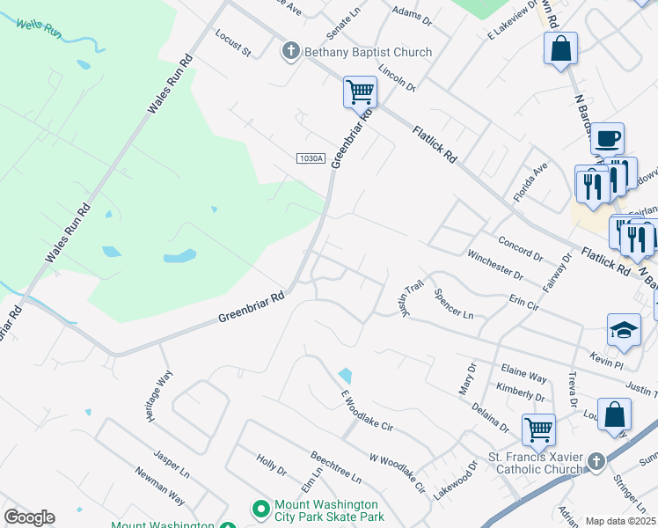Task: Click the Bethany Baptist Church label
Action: click(x=368, y=52)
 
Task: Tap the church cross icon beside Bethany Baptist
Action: click(x=291, y=52)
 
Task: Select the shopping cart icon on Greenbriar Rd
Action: click(x=360, y=91)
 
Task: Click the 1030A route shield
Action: click(x=311, y=158)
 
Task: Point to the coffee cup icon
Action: click(x=607, y=138)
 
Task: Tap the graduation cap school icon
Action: click(x=625, y=331)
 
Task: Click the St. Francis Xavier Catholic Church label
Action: click(x=536, y=464)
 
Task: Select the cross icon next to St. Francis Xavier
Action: click(x=596, y=461)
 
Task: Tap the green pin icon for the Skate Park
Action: click(x=260, y=510)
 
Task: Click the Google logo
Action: click(x=29, y=517)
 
